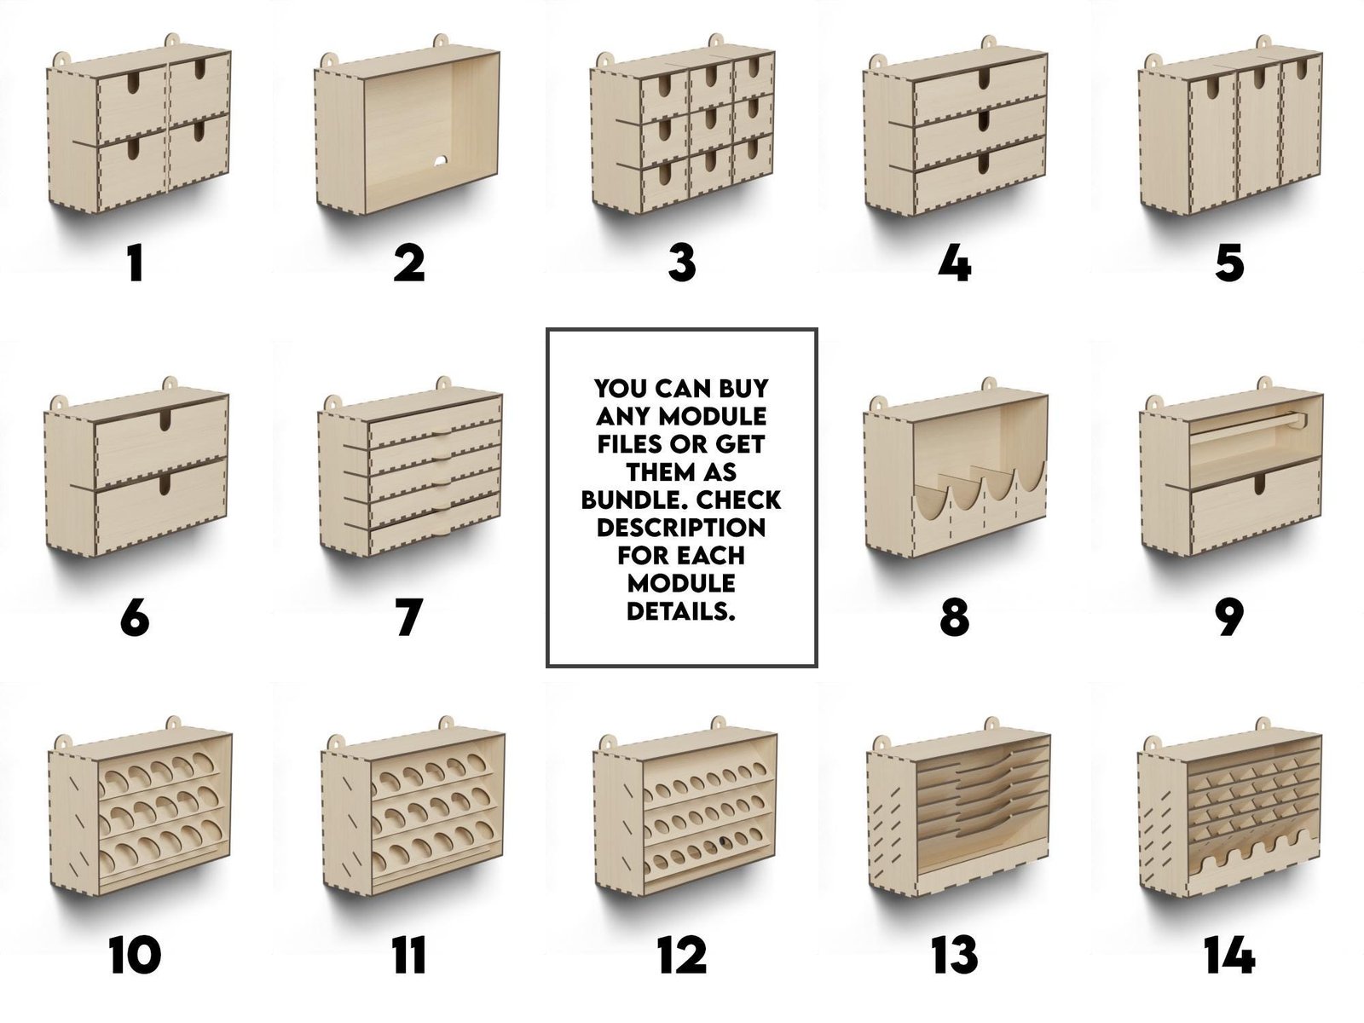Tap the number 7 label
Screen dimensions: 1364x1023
coord(409,616)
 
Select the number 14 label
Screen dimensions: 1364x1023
coord(1229,955)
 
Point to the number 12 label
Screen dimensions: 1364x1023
coord(682,955)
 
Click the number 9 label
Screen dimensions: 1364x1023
coord(1229,616)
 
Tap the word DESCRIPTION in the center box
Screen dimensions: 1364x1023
coord(681,528)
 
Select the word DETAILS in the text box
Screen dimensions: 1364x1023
coord(681,612)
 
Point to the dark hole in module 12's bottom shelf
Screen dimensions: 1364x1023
coord(723,843)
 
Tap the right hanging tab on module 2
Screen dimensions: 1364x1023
coord(441,43)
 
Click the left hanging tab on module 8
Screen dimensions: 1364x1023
coord(877,404)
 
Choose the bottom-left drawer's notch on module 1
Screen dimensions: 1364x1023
coord(134,147)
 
